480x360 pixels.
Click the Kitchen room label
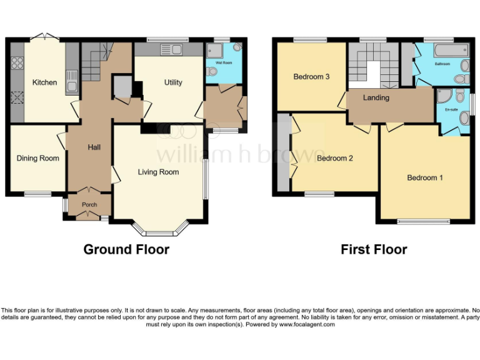click(45, 82)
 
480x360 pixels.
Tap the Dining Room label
click(38, 159)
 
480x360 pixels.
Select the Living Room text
click(159, 172)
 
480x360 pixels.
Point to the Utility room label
click(173, 82)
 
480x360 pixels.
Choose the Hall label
click(94, 147)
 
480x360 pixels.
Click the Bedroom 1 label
click(425, 178)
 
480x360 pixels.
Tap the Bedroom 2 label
click(335, 159)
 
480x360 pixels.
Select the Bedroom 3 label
click(312, 77)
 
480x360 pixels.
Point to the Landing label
click(376, 98)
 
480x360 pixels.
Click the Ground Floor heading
click(126, 250)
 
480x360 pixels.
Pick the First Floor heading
click(374, 250)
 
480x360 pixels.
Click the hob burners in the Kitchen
click(16, 62)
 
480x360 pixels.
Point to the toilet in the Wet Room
click(212, 72)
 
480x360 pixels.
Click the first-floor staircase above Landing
click(369, 66)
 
